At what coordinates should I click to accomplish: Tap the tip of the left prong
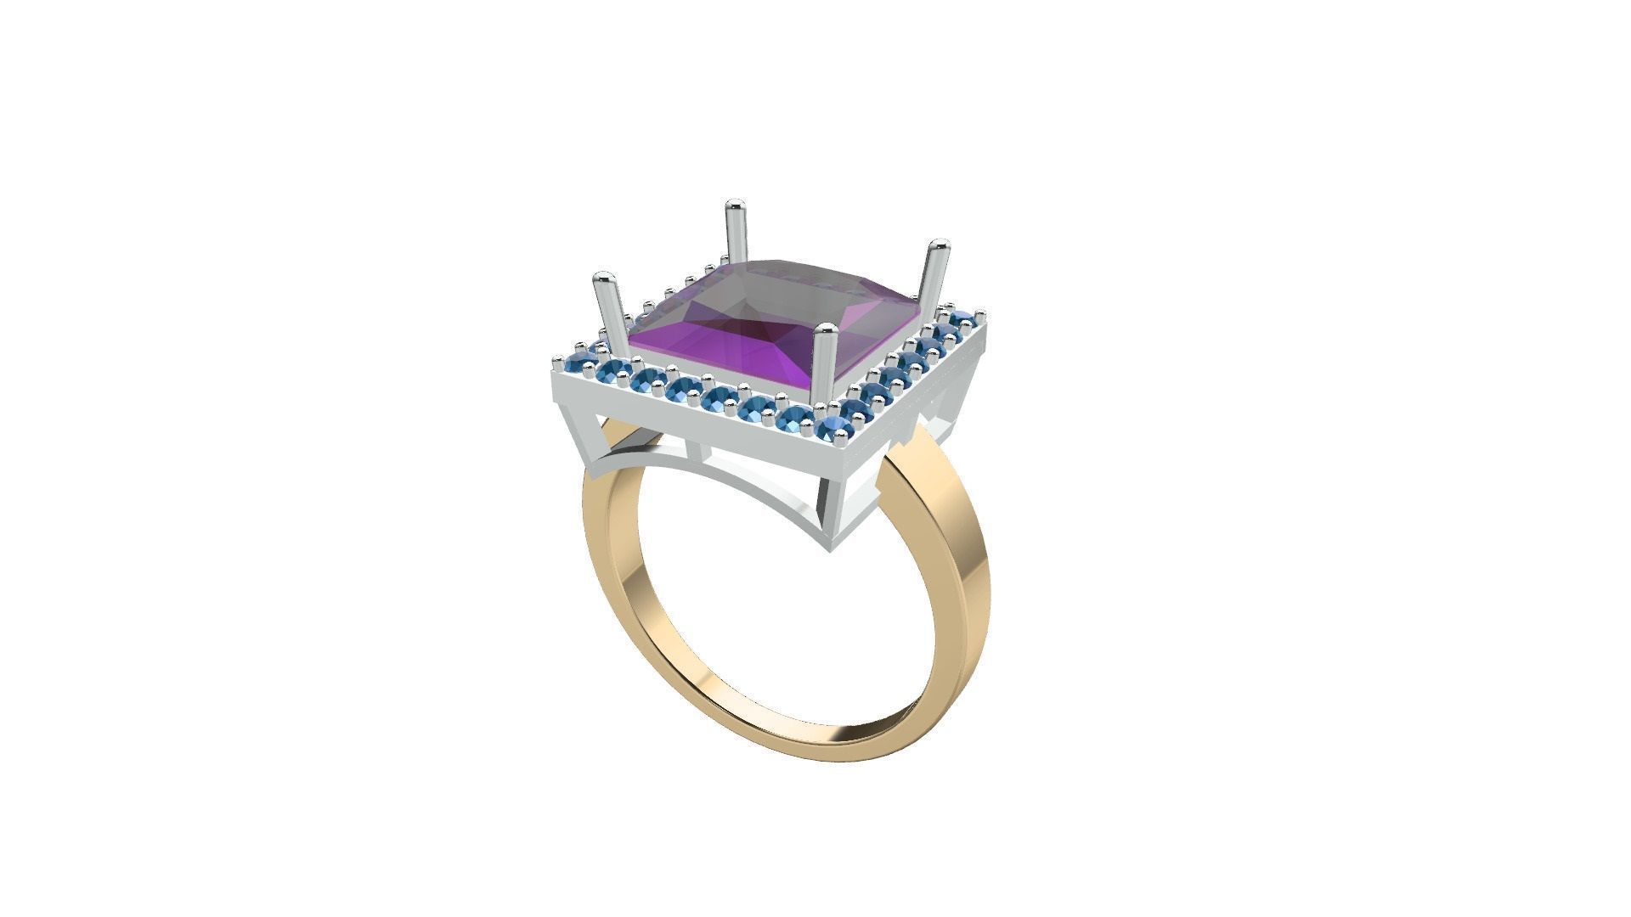604,278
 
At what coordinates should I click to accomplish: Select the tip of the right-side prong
938,246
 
